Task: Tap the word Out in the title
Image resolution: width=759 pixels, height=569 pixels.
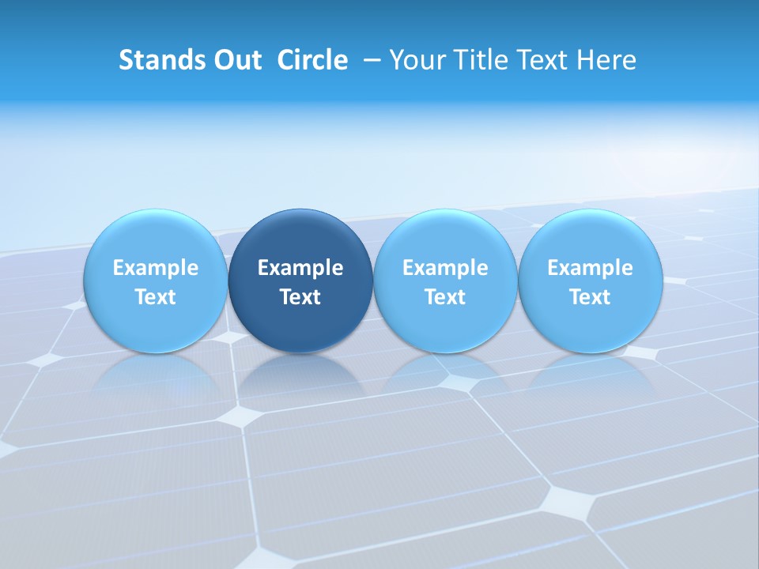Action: pos(236,60)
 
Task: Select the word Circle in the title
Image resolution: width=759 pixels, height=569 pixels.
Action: pos(312,60)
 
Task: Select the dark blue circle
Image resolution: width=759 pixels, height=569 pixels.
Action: pos(300,281)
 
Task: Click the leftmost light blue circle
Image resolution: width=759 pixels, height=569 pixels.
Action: pos(155,281)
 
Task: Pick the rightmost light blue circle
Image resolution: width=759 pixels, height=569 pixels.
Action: pos(590,281)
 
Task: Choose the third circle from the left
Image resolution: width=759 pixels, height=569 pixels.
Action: pos(445,281)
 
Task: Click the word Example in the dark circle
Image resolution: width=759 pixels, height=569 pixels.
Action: pos(300,268)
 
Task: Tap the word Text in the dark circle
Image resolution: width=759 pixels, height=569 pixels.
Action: pos(300,297)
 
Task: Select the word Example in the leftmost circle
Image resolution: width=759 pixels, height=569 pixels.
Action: pos(155,268)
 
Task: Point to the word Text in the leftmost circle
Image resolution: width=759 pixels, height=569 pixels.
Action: pos(155,297)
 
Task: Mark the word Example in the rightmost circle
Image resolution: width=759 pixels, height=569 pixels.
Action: pos(590,268)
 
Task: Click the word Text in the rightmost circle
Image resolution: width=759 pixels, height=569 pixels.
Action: pos(590,297)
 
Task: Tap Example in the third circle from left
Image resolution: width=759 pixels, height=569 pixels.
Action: pos(445,268)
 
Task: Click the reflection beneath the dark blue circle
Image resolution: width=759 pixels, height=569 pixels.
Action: pos(300,378)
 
